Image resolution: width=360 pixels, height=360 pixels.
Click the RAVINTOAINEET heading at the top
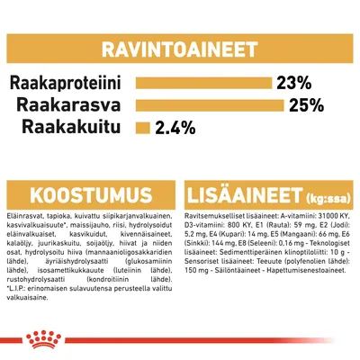point(180,45)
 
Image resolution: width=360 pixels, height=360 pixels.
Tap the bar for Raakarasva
point(210,106)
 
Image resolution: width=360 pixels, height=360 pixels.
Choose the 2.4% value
point(175,128)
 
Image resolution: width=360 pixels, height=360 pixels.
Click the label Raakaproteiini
point(70,84)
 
